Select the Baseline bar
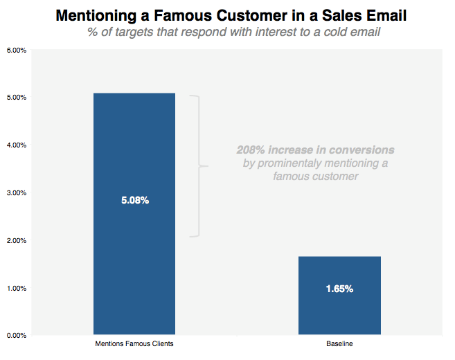339,312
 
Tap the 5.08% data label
134,201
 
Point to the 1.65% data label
339,289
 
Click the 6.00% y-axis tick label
16,51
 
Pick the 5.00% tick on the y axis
16,98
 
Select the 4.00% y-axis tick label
16,145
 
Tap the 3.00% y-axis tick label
16,193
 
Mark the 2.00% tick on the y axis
16,241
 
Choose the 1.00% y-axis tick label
16,288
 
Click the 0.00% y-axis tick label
16,336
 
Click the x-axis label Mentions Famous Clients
134,344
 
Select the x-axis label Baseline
339,344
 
